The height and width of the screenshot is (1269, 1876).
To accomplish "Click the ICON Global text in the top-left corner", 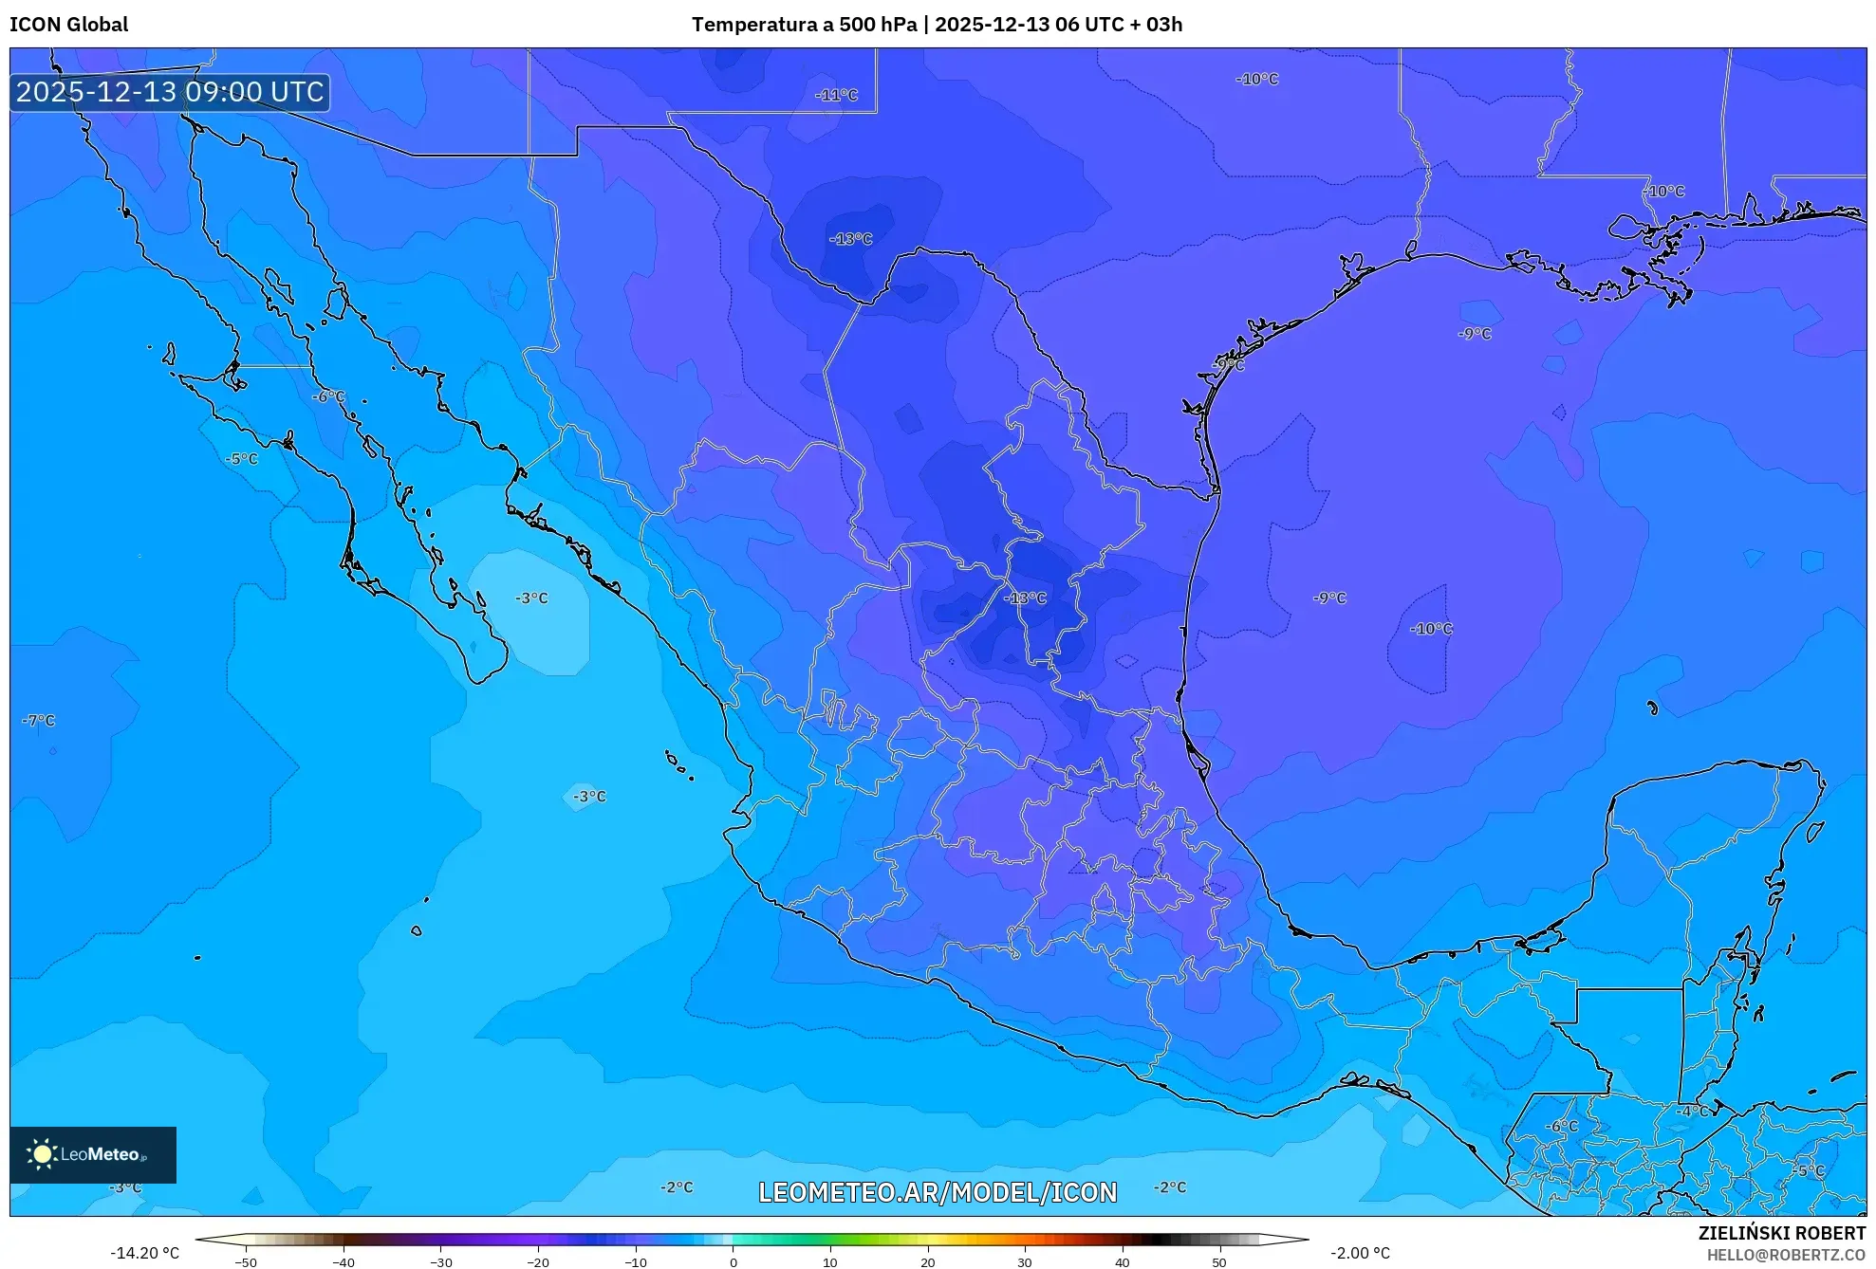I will pyautogui.click(x=68, y=25).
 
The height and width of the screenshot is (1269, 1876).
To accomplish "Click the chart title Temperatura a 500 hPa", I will pyautogui.click(x=804, y=25).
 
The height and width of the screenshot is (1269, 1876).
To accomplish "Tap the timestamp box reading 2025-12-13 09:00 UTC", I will pyautogui.click(x=170, y=92).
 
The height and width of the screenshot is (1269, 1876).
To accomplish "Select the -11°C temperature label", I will pyautogui.click(x=836, y=95).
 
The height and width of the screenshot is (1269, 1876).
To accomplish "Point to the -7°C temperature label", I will pyautogui.click(x=39, y=721).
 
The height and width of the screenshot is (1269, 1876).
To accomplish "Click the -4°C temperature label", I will pyautogui.click(x=1692, y=1111).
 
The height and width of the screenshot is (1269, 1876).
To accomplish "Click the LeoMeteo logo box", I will pyautogui.click(x=93, y=1154).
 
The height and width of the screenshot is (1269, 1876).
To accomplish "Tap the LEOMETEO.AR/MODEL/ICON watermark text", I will pyautogui.click(x=938, y=1192).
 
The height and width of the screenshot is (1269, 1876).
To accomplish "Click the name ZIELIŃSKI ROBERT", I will pyautogui.click(x=1781, y=1233).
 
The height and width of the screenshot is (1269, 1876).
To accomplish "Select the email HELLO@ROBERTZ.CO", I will pyautogui.click(x=1786, y=1255).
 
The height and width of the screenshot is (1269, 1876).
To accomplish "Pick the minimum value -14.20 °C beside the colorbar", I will pyautogui.click(x=144, y=1253).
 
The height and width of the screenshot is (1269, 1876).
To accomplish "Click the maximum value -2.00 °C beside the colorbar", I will pyautogui.click(x=1360, y=1253).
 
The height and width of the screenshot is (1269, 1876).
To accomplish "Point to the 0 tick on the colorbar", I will pyautogui.click(x=733, y=1261).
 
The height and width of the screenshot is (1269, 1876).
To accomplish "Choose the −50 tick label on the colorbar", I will pyautogui.click(x=246, y=1261).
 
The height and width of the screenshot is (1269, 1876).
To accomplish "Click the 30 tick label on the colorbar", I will pyautogui.click(x=1025, y=1261).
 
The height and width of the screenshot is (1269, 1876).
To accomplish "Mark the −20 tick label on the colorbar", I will pyautogui.click(x=538, y=1261).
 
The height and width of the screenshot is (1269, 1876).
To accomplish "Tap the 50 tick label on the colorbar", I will pyautogui.click(x=1219, y=1261).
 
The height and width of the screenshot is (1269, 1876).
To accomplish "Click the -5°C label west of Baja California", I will pyautogui.click(x=241, y=459).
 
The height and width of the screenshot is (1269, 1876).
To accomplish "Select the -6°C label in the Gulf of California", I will pyautogui.click(x=328, y=396).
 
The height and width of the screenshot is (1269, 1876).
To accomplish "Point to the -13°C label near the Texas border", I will pyautogui.click(x=850, y=239).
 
